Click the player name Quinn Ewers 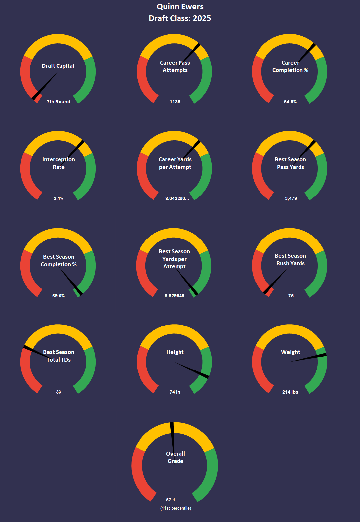tap(180, 7)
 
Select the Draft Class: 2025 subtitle tap(180, 18)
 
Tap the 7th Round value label tap(59, 102)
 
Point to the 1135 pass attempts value tap(175, 102)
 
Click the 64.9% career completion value tap(290, 102)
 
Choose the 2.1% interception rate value tap(59, 198)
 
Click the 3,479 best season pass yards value tap(291, 198)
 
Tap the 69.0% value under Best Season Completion tap(59, 296)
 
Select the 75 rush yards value tap(291, 296)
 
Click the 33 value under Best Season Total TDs tap(59, 392)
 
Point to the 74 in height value tap(175, 392)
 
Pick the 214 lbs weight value tap(290, 392)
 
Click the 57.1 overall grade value tap(171, 500)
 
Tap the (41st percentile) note tap(176, 508)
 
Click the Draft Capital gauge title tap(58, 66)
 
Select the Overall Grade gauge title tap(176, 457)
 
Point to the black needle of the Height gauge tap(192, 370)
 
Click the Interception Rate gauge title tap(59, 163)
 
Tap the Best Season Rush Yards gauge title tap(290, 260)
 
